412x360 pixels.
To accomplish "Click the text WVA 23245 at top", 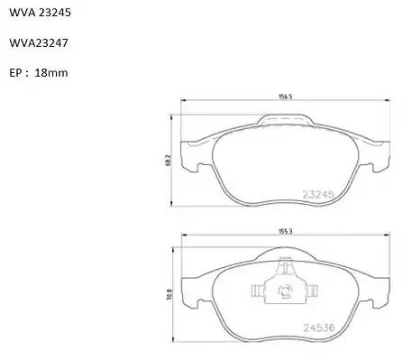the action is (41, 13).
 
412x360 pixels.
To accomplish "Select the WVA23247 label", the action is (39, 42).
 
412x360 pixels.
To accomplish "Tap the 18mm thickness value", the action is (51, 73).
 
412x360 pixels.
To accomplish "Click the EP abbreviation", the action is (15, 73).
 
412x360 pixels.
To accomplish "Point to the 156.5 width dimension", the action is (286, 97).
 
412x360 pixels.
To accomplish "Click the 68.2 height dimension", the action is (169, 160).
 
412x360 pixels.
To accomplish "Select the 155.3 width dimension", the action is (286, 232).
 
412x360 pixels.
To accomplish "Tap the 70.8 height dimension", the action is (169, 295).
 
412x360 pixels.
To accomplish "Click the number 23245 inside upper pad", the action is (318, 194).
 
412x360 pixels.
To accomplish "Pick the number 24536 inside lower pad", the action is (319, 328).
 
